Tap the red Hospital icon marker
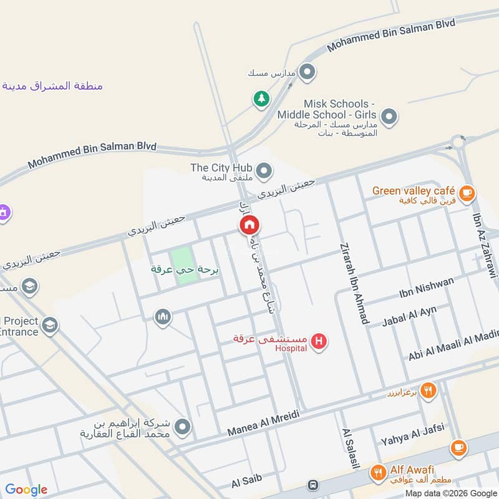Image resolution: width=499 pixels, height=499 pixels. tap(319, 341)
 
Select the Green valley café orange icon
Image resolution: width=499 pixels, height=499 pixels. tap(466, 191)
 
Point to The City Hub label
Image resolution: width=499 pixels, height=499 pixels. tap(221, 168)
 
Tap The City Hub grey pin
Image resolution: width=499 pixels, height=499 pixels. tap(264, 170)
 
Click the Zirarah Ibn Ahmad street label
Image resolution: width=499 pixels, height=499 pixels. tap(352, 283)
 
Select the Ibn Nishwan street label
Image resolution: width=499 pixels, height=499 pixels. tap(427, 289)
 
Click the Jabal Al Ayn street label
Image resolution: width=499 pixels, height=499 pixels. tap(409, 316)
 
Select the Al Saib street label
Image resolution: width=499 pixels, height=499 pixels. tap(246, 481)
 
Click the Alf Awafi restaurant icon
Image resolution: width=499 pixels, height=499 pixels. tap(377, 473)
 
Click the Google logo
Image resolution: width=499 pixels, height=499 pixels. tap(26, 490)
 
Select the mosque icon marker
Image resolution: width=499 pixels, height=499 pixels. tap(163, 317)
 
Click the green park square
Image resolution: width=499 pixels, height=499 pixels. tap(183, 266)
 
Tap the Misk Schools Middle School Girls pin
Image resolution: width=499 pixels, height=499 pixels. tap(389, 116)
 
